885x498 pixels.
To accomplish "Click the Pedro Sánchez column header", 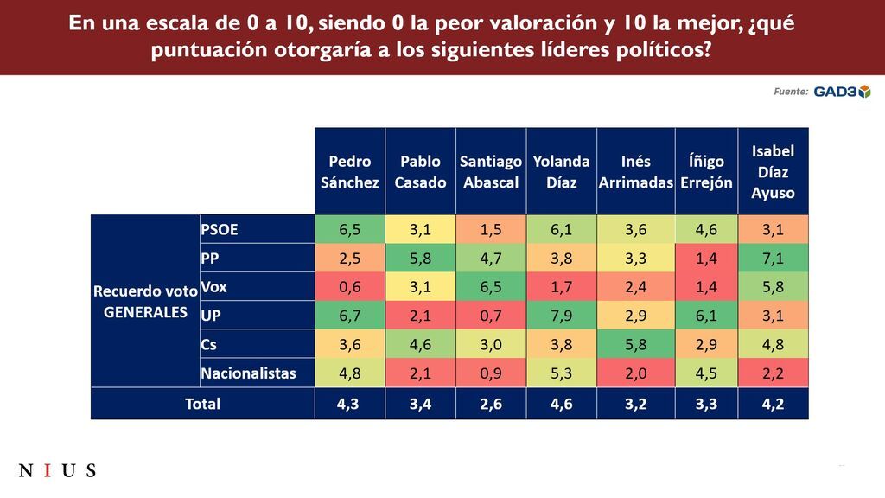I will coord(349,171).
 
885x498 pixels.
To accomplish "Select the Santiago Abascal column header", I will coord(490,171).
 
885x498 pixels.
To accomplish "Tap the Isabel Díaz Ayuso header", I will coord(773,171).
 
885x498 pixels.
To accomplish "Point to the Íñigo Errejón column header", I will coord(704,171).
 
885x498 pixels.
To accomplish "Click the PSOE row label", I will coord(220,229).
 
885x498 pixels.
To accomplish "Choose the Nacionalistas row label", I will coord(248,373).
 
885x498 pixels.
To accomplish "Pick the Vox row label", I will coord(213,286).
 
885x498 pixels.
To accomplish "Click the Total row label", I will coord(202,404).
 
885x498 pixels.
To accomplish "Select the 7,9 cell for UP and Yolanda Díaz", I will coord(561,316).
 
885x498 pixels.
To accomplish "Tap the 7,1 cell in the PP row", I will coord(773,258).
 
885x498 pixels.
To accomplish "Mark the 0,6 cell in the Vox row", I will coord(349,286).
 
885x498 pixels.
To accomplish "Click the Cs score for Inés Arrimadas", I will coord(635,344).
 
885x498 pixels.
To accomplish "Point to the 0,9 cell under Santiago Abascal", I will coord(490,373).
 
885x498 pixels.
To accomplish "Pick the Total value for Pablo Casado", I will coord(420,404).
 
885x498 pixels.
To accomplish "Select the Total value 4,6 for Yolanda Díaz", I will coord(561,404).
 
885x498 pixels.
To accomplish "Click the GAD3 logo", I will coord(842,92).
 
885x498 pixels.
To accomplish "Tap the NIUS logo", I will coord(57,471).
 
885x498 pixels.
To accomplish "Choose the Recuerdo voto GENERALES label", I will coord(145,302).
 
